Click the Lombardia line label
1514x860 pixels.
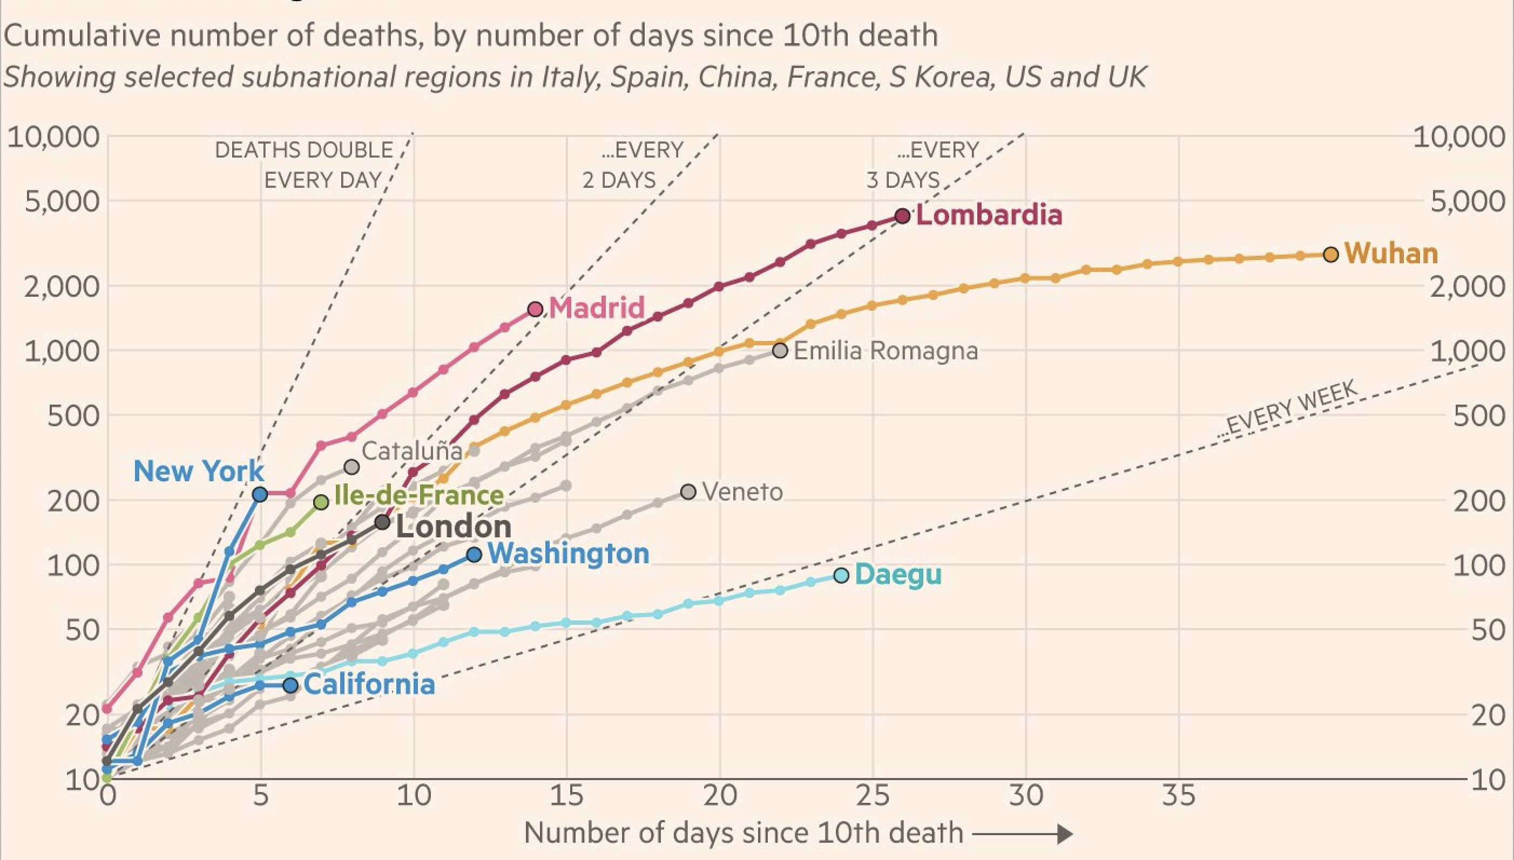click(x=989, y=214)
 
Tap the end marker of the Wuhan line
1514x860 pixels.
click(x=1331, y=255)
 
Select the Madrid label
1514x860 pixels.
click(x=596, y=308)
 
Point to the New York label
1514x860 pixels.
click(x=199, y=472)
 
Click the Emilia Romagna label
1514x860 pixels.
click(x=885, y=351)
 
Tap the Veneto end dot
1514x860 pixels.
click(x=688, y=492)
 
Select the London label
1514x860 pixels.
click(x=453, y=526)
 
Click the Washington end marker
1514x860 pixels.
click(x=474, y=555)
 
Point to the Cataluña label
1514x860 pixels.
click(x=412, y=451)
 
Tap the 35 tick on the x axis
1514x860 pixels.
click(x=1179, y=796)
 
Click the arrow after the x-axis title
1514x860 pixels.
click(x=1022, y=834)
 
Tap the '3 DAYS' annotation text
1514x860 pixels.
click(x=902, y=180)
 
